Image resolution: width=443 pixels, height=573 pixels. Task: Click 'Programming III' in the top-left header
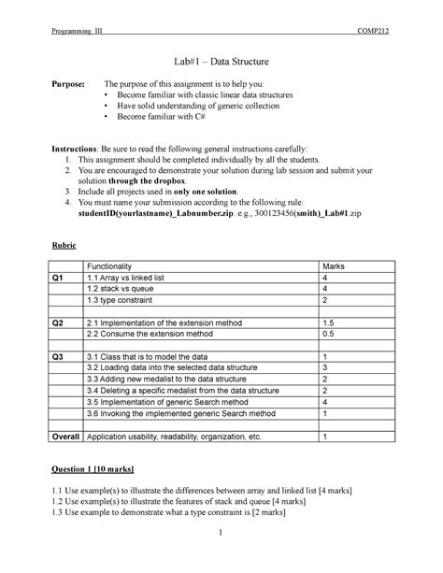pyautogui.click(x=78, y=30)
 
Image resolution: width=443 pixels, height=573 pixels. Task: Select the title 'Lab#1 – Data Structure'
pyautogui.click(x=221, y=62)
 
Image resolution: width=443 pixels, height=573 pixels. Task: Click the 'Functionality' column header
pyautogui.click(x=114, y=266)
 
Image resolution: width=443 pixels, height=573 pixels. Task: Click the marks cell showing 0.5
pyautogui.click(x=328, y=333)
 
